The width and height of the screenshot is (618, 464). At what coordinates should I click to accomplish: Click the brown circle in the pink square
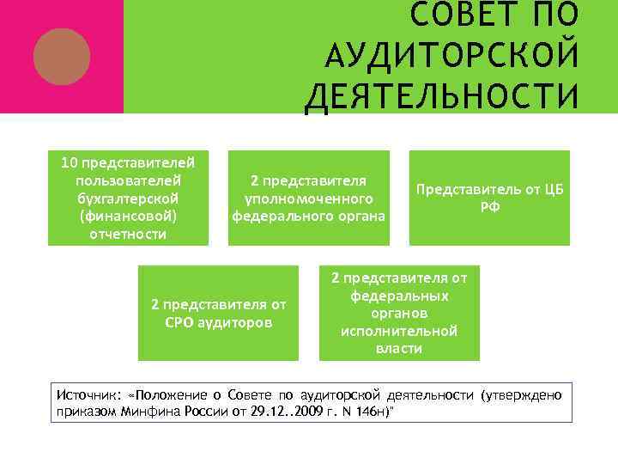[x=61, y=56]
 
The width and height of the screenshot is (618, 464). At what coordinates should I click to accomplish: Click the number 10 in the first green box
[x=69, y=162]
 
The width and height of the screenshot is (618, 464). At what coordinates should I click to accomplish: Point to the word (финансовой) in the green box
[x=128, y=216]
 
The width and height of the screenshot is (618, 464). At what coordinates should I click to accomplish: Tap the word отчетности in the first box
[x=128, y=234]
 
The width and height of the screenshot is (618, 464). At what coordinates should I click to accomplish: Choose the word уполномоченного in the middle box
[x=309, y=198]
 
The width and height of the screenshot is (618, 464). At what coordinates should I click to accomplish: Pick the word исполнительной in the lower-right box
[x=399, y=331]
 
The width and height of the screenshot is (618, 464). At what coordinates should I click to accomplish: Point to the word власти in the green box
[x=399, y=348]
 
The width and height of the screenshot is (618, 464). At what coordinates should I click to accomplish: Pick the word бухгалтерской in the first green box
[x=128, y=198]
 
